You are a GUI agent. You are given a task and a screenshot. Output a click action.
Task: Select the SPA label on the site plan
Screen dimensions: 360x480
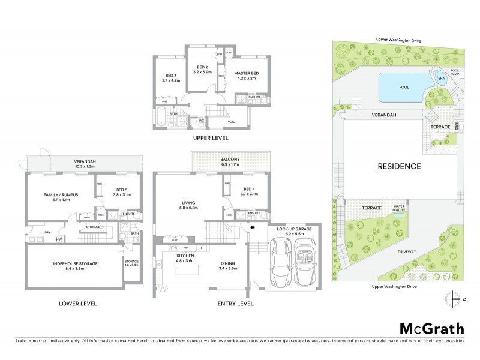442,79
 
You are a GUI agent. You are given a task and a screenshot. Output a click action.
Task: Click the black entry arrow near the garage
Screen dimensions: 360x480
252,228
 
